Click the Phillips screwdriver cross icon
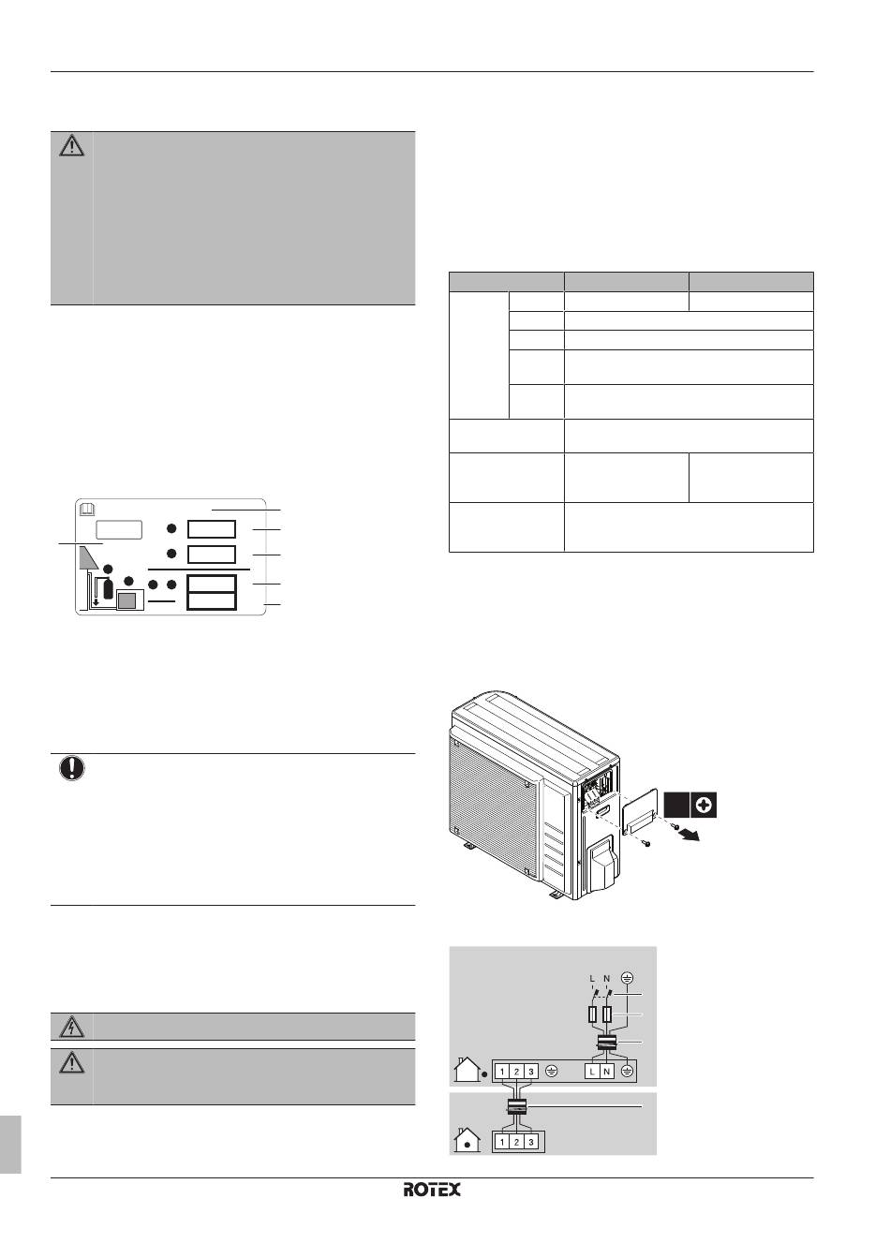tap(703, 806)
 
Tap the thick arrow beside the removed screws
tap(690, 836)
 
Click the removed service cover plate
tap(640, 813)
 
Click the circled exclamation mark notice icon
tap(72, 768)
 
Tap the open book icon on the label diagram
tap(88, 510)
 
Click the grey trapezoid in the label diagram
tap(89, 557)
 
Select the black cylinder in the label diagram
tap(109, 590)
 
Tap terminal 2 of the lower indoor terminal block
tap(516, 1142)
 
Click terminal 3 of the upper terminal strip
tap(530, 1072)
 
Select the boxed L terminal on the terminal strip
tap(592, 1072)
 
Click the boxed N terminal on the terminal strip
tap(606, 1072)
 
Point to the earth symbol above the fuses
tap(628, 978)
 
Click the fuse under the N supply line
tap(606, 1014)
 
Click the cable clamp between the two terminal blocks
tap(516, 1106)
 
